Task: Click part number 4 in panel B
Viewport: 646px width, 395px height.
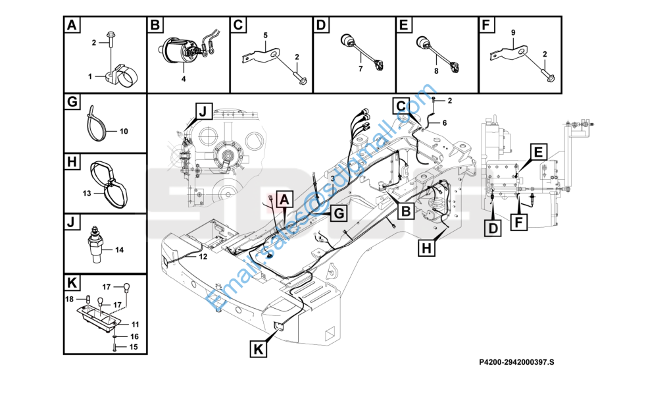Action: coord(184,79)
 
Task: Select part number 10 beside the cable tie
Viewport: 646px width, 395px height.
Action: coord(123,132)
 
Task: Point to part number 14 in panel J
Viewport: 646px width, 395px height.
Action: coord(119,250)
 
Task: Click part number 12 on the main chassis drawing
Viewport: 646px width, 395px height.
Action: coord(203,257)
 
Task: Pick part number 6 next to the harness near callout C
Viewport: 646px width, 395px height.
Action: coord(444,123)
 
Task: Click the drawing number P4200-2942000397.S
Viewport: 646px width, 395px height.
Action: coord(517,361)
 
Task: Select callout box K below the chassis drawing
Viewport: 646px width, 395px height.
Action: coord(259,349)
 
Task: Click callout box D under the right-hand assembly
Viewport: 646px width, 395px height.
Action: coord(493,228)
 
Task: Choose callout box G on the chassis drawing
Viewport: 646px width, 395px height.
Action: coord(337,213)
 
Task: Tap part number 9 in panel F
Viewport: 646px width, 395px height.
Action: coord(513,32)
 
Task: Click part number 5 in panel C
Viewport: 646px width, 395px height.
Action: coord(266,34)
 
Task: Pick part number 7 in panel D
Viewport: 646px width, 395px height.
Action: coord(360,68)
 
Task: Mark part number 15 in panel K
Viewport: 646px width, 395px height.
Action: coord(134,346)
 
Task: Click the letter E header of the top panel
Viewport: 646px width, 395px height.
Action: coord(403,26)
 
